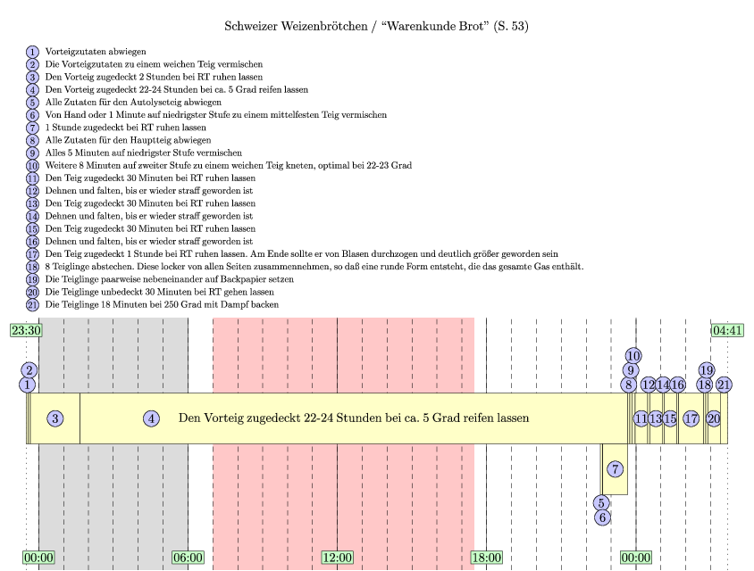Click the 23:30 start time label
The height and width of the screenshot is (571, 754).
[27, 330]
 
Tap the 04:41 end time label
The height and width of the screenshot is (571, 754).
[727, 330]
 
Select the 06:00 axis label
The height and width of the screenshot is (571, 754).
[188, 558]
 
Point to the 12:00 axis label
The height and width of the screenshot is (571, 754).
[337, 558]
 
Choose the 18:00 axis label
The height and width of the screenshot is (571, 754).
[486, 558]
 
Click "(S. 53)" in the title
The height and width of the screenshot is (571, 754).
[508, 26]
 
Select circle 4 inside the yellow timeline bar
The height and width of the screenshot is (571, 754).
[152, 418]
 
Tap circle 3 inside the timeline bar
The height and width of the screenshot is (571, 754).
[55, 418]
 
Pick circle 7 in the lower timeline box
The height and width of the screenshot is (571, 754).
[616, 469]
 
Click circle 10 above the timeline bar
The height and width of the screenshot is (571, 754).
[633, 356]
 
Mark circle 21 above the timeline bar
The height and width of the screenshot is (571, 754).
[725, 385]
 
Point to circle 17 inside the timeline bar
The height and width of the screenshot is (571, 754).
[691, 418]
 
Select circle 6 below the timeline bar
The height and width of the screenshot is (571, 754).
[603, 517]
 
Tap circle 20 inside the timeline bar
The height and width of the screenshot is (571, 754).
[714, 418]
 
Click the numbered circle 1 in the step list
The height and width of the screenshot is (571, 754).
[33, 52]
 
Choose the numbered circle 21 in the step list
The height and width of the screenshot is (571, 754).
[33, 304]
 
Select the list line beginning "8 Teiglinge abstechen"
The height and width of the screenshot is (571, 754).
[314, 267]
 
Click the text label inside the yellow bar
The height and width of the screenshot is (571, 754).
[354, 418]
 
